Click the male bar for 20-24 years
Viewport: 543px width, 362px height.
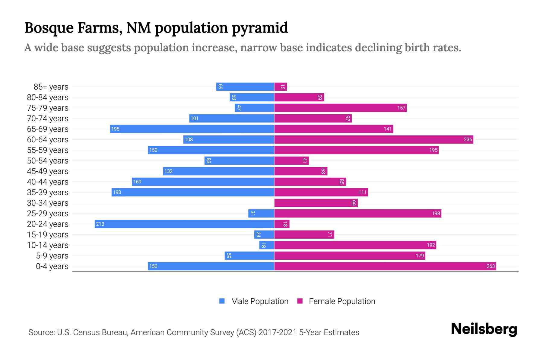(x=184, y=224)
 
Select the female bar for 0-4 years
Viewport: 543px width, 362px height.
(x=385, y=266)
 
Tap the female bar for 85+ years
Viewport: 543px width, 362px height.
(x=281, y=87)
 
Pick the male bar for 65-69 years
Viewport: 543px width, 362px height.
(x=192, y=129)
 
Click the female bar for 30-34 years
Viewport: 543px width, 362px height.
(x=316, y=203)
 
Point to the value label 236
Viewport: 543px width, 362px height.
(x=468, y=139)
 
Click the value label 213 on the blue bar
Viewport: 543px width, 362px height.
(x=100, y=224)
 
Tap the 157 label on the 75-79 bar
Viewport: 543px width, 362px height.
(x=401, y=108)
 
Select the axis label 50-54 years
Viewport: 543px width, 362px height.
(x=48, y=160)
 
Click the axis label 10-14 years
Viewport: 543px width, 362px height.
(x=48, y=245)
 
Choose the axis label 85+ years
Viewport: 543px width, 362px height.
(x=51, y=87)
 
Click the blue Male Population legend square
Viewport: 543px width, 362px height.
(x=222, y=301)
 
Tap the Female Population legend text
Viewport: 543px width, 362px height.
(x=342, y=301)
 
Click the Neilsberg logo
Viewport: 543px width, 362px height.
(x=484, y=329)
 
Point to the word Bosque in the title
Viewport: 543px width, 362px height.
(x=49, y=28)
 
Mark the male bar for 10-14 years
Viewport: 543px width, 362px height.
(x=267, y=245)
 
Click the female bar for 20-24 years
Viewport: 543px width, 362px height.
(x=282, y=224)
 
